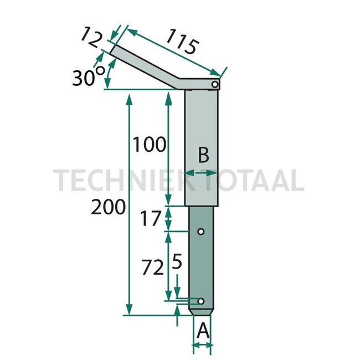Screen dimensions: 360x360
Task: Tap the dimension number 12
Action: coord(91,37)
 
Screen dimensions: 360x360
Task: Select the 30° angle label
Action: coord(88,76)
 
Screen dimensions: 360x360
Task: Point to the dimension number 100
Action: coord(149,144)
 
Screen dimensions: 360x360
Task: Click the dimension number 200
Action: coord(109,207)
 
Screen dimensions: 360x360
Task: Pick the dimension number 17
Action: coord(151,218)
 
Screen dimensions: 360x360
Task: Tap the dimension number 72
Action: coord(152,267)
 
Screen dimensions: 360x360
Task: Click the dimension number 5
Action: coord(177,261)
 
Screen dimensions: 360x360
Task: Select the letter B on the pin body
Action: coord(203,155)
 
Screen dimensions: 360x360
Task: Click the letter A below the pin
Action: coord(203,331)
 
